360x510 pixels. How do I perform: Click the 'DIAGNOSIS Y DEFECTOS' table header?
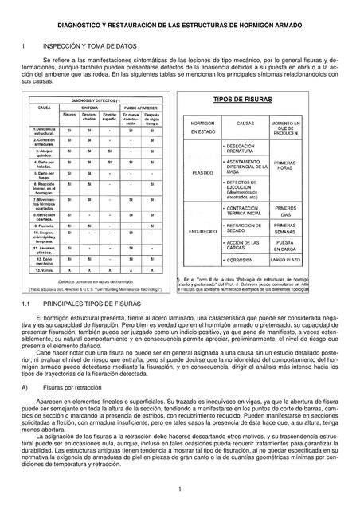tap(96, 100)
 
